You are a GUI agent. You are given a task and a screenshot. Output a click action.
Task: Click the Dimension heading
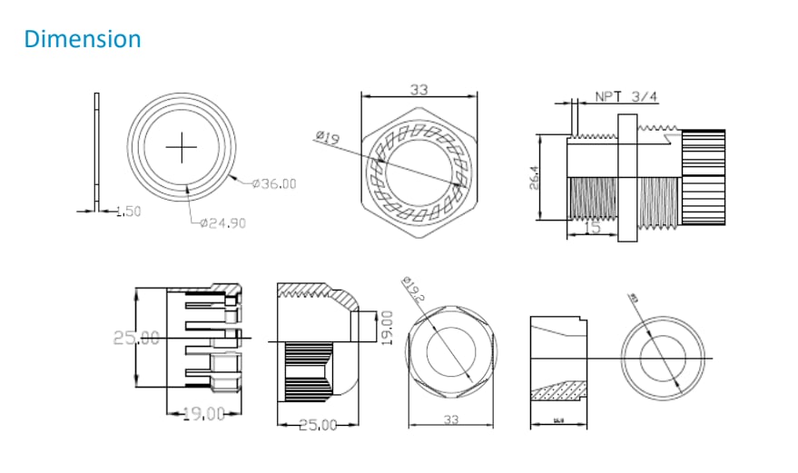[83, 40]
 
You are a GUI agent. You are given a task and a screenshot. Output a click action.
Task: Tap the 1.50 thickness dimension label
[131, 212]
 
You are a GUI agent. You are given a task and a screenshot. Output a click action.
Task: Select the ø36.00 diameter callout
[274, 183]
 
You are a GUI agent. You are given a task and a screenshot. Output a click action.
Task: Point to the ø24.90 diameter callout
[222, 223]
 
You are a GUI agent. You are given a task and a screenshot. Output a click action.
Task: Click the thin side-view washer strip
[96, 150]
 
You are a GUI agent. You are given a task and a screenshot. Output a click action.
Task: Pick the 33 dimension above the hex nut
[419, 90]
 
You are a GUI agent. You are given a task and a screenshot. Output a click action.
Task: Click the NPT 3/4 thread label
[627, 96]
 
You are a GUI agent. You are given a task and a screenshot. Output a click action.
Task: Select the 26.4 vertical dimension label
[535, 177]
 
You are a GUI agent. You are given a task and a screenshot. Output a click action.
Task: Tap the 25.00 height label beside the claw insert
[136, 337]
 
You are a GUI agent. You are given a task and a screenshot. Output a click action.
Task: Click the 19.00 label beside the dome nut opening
[386, 323]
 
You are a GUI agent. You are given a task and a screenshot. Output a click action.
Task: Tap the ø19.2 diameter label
[412, 291]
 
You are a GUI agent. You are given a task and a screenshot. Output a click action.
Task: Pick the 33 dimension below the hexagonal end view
[450, 420]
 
